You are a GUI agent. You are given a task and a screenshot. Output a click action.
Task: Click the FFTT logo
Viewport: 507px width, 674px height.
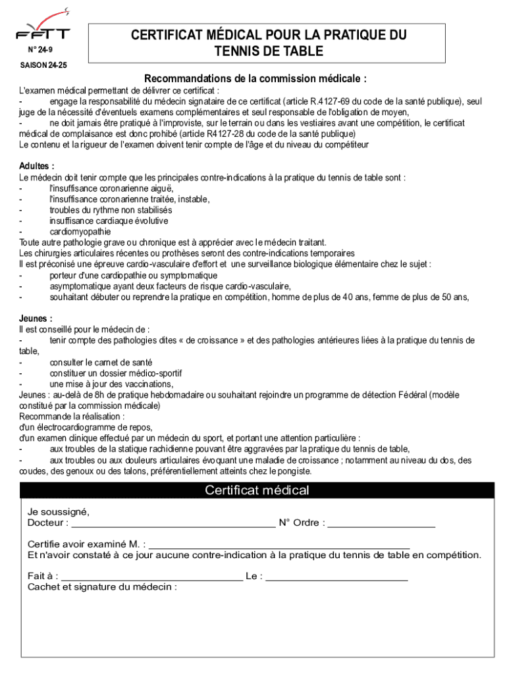point(43,27)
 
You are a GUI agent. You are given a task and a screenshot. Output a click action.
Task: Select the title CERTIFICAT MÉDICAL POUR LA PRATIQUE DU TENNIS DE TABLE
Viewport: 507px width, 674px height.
point(268,43)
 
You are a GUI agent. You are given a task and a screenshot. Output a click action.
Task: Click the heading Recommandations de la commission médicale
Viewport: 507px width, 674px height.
point(255,79)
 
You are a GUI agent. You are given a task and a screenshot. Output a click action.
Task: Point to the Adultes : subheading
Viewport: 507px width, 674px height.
point(37,167)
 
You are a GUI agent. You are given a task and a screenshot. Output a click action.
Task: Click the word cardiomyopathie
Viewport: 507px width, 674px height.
point(80,232)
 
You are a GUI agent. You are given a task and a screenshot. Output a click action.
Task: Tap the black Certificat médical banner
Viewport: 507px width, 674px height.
point(257,490)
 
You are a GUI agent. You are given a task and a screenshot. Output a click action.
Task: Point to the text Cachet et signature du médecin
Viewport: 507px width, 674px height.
point(102,587)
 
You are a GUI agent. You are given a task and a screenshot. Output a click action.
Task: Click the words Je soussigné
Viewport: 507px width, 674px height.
point(58,512)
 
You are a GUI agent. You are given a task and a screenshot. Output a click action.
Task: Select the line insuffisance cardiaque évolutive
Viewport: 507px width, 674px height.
point(109,220)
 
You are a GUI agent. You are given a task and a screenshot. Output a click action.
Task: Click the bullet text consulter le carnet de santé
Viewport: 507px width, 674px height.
point(101,362)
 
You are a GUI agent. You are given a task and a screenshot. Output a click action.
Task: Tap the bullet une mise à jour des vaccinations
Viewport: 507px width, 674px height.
point(111,384)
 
